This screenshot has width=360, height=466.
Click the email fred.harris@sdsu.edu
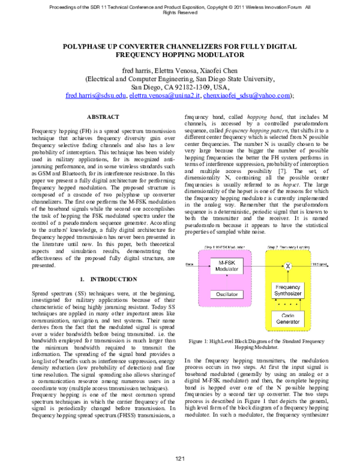tap(96, 95)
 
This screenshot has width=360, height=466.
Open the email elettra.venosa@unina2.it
tap(164, 95)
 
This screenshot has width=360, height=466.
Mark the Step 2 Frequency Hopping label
tap(291, 247)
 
